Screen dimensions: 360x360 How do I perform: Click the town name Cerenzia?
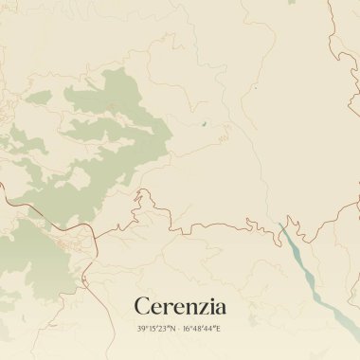(180, 306)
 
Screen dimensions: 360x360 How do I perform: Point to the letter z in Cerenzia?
(198, 308)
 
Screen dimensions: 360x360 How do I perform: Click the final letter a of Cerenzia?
(219, 308)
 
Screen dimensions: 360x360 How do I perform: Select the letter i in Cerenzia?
(208, 306)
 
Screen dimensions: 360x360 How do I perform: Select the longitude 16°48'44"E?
(202, 328)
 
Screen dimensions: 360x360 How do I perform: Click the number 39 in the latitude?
(141, 328)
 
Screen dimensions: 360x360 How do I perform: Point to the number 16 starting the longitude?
(187, 328)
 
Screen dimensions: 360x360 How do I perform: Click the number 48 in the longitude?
(198, 328)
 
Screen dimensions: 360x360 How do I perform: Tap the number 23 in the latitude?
(163, 328)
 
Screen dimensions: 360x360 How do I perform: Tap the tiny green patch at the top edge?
(255, 88)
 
